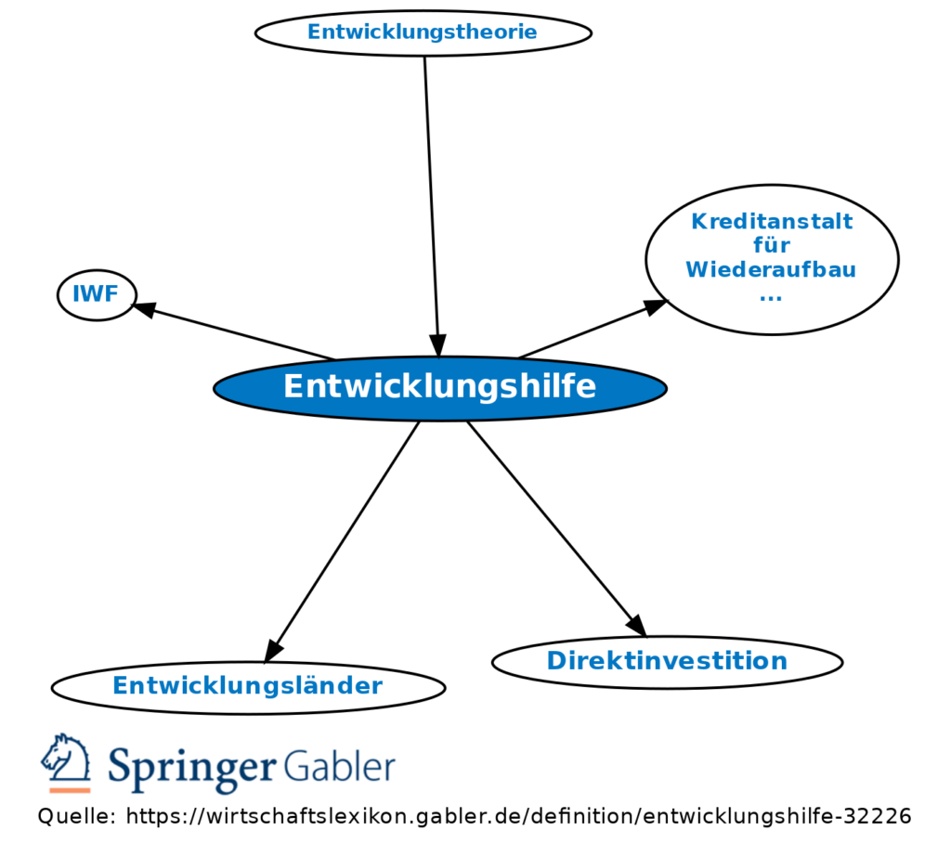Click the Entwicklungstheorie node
423,32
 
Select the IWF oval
97,295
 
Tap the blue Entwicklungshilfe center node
439,387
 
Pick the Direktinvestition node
666,661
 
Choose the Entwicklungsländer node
248,686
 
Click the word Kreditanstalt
772,222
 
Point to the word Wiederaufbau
771,270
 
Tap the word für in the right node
771,246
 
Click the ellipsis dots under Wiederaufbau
771,296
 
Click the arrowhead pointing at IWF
144,309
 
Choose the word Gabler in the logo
339,768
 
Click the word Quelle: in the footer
76,816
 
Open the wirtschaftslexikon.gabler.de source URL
518,816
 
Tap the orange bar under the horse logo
70,790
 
